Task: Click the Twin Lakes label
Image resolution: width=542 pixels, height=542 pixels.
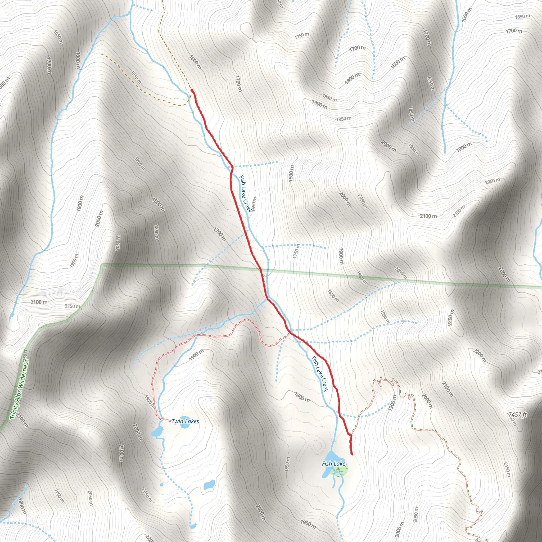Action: pyautogui.click(x=185, y=421)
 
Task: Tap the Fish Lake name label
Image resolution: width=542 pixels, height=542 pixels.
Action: pyautogui.click(x=333, y=463)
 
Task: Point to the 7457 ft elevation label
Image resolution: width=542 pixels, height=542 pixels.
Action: pyautogui.click(x=518, y=414)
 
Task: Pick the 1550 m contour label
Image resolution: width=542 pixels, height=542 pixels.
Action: pyautogui.click(x=136, y=77)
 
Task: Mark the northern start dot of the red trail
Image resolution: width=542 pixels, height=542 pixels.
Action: pyautogui.click(x=192, y=90)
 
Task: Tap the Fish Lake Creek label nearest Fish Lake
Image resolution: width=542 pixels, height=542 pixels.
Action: pyautogui.click(x=319, y=374)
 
